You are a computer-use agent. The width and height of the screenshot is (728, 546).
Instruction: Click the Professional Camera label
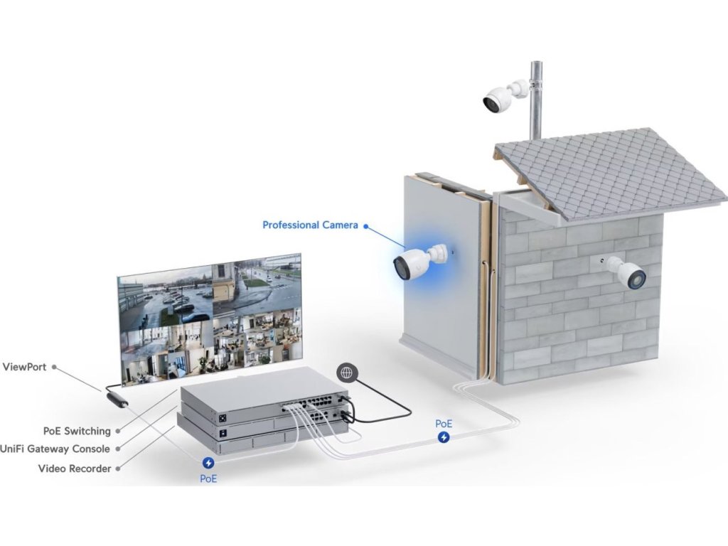tap(310, 225)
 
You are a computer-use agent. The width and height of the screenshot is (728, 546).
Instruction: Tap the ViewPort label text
tap(25, 367)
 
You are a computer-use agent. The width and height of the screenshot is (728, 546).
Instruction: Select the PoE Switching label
tap(77, 431)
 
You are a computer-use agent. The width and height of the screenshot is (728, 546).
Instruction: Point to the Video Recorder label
tap(74, 469)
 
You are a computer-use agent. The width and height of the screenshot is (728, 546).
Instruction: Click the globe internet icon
tap(346, 372)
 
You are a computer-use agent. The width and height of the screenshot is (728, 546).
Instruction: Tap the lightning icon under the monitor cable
tap(208, 462)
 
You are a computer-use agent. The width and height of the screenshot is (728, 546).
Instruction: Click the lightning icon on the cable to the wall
tap(444, 437)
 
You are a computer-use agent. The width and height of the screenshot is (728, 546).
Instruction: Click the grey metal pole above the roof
tap(537, 100)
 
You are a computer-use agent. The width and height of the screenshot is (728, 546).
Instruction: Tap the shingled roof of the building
tap(611, 172)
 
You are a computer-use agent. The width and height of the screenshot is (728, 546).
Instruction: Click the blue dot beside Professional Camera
tap(365, 226)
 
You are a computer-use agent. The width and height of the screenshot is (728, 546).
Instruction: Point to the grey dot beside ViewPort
tap(54, 368)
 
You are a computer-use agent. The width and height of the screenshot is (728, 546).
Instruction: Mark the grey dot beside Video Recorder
tap(117, 469)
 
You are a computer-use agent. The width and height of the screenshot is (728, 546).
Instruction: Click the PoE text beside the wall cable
tap(444, 424)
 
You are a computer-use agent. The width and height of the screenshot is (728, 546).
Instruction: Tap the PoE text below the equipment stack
tap(208, 479)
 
